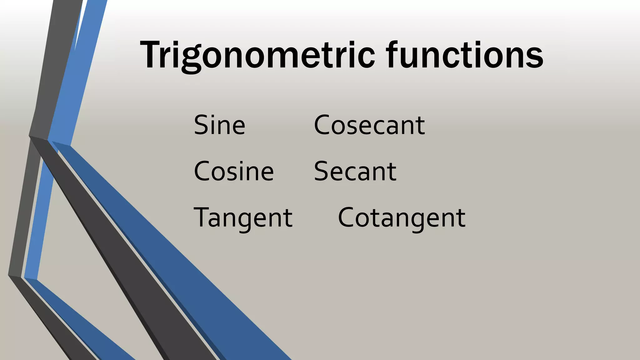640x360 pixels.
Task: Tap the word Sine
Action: pyautogui.click(x=219, y=125)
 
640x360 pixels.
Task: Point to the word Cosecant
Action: pyautogui.click(x=369, y=125)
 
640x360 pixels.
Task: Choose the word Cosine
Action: pyautogui.click(x=234, y=171)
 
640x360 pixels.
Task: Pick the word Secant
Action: pyautogui.click(x=355, y=171)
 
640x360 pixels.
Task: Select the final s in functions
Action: pyautogui.click(x=535, y=57)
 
